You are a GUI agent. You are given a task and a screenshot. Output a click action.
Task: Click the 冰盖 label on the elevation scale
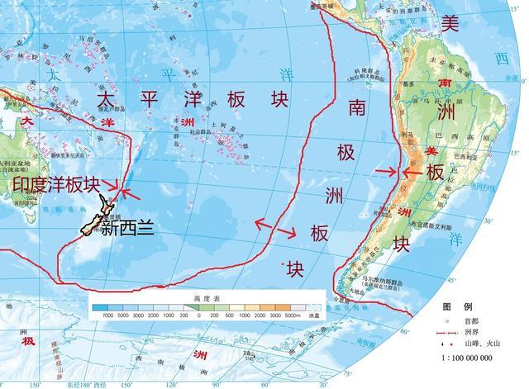click(x=312, y=315)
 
